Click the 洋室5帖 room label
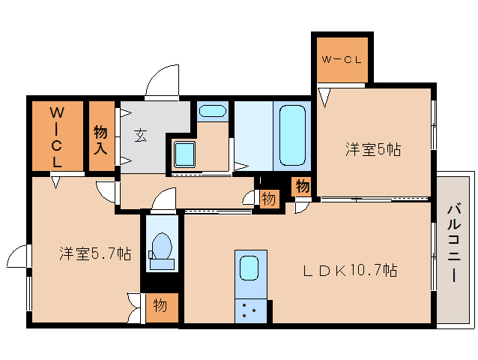click(372, 149)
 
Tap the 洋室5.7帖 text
click(95, 253)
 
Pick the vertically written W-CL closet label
click(56, 136)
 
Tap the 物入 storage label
click(100, 139)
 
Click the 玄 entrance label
click(141, 135)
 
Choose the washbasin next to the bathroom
click(213, 112)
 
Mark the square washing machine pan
click(184, 154)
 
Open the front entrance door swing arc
click(163, 84)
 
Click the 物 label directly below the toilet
click(160, 305)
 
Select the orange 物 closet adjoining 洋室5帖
click(302, 186)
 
